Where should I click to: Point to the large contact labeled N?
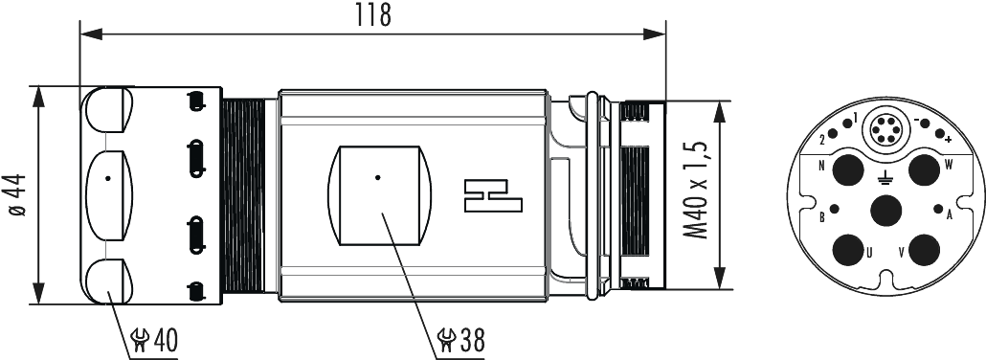coord(847,171)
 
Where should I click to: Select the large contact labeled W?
coord(923,171)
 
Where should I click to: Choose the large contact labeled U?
coord(847,251)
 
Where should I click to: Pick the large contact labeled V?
coord(923,251)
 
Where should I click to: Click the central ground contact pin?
coord(885,210)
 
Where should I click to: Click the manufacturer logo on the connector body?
coord(490,194)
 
